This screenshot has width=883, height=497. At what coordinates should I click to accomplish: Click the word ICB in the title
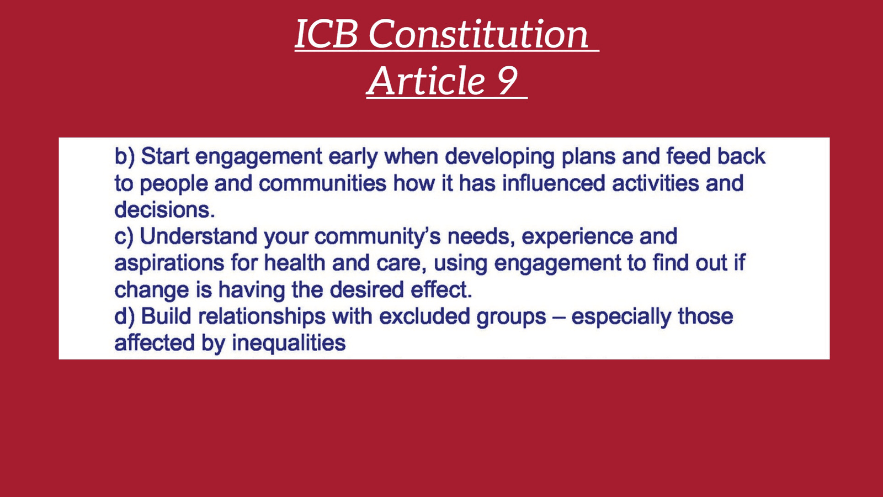point(327,34)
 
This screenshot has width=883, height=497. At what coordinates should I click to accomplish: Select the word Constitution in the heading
point(478,34)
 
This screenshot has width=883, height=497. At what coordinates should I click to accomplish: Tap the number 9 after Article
point(507,81)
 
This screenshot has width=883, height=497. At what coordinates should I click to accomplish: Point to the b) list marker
point(125,156)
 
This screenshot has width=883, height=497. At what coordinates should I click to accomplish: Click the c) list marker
point(124,237)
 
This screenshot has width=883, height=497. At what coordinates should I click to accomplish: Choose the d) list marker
point(125,317)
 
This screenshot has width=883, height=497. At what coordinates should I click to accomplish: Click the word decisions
point(164,210)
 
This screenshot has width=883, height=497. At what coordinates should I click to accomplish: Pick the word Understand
point(198,237)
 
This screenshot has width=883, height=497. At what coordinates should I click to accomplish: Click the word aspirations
point(169,263)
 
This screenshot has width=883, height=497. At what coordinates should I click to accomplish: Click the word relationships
point(262,318)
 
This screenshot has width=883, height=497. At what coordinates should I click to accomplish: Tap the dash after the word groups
point(558,318)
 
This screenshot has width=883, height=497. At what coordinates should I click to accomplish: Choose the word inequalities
point(289,343)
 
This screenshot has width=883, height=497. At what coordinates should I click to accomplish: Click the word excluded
point(424,317)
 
